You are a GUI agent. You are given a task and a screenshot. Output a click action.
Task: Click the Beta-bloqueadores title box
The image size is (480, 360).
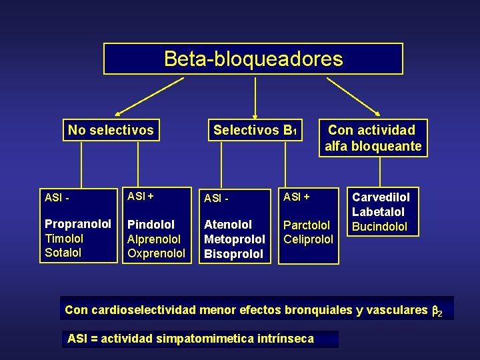tap(253, 59)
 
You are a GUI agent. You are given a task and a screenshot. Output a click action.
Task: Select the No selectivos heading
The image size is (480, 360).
tap(111, 130)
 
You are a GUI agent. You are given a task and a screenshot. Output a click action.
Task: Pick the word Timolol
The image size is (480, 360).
tap(64, 238)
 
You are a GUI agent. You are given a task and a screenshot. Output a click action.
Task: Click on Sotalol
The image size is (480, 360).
tap(63, 253)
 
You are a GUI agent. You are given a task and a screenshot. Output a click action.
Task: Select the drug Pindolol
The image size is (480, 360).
tap(151, 225)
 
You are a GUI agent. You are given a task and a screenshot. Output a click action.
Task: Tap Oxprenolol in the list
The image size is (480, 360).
tap(157, 253)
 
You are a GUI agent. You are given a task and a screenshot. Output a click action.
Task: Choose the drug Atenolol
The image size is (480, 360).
tap(228, 225)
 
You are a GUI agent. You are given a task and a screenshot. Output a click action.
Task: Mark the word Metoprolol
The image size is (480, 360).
tap(235, 239)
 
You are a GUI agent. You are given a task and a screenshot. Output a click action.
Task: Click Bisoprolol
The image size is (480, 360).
tap(234, 253)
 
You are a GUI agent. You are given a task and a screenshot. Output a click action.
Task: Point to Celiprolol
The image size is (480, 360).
tap(308, 239)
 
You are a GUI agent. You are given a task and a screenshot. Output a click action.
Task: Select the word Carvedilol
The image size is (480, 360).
tap(381, 197)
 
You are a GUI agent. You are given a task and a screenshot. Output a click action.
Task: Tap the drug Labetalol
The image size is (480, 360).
tap(378, 212)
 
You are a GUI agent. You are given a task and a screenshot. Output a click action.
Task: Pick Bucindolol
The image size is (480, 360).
tap(379, 227)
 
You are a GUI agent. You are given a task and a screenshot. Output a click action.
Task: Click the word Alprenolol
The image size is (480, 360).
tap(154, 239)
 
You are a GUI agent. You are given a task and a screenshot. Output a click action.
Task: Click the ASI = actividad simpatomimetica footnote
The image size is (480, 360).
tap(191, 339)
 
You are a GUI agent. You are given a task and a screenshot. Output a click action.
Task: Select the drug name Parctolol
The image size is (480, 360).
tap(307, 225)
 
